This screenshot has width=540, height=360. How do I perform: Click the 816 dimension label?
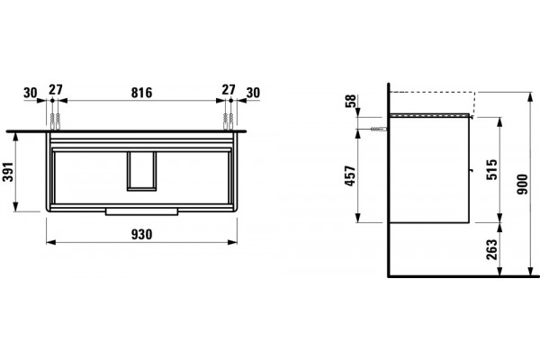point(141,93)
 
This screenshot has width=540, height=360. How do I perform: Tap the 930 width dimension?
point(141,235)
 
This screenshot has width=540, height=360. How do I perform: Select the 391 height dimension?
point(7,172)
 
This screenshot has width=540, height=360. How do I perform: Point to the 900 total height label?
point(522,184)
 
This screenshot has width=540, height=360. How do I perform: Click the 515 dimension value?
point(492,169)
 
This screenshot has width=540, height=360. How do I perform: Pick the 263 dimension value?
point(492,249)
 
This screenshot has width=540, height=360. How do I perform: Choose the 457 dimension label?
point(350,176)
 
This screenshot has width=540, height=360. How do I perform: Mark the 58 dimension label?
point(350,102)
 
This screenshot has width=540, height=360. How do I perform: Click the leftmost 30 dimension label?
point(31,93)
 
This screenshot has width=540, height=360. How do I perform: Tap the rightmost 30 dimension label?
point(253,93)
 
